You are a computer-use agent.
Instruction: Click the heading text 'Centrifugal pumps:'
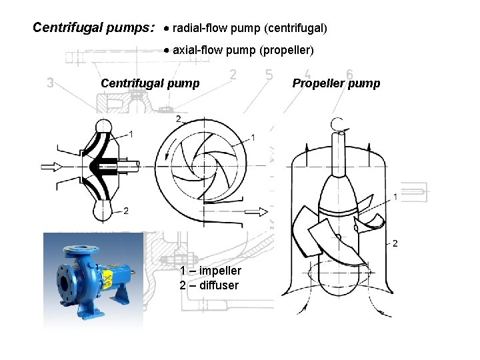pyautogui.click(x=94, y=28)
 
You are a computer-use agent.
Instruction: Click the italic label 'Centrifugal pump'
pyautogui.click(x=149, y=83)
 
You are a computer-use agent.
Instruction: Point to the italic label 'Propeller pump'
pyautogui.click(x=336, y=83)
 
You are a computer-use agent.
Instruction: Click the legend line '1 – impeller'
pyautogui.click(x=210, y=271)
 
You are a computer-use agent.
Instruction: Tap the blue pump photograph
pyautogui.click(x=93, y=280)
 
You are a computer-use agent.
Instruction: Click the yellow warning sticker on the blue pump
pyautogui.click(x=105, y=277)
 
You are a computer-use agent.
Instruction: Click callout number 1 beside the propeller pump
pyautogui.click(x=396, y=197)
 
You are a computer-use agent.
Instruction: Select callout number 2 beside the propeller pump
pyautogui.click(x=395, y=243)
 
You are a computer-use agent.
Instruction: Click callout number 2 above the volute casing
pyautogui.click(x=178, y=119)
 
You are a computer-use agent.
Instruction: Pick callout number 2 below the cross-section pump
pyautogui.click(x=126, y=211)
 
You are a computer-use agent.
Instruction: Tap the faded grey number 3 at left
pyautogui.click(x=50, y=83)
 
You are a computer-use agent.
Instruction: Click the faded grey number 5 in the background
pyautogui.click(x=269, y=75)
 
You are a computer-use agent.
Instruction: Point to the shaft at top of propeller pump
pyautogui.click(x=339, y=143)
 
